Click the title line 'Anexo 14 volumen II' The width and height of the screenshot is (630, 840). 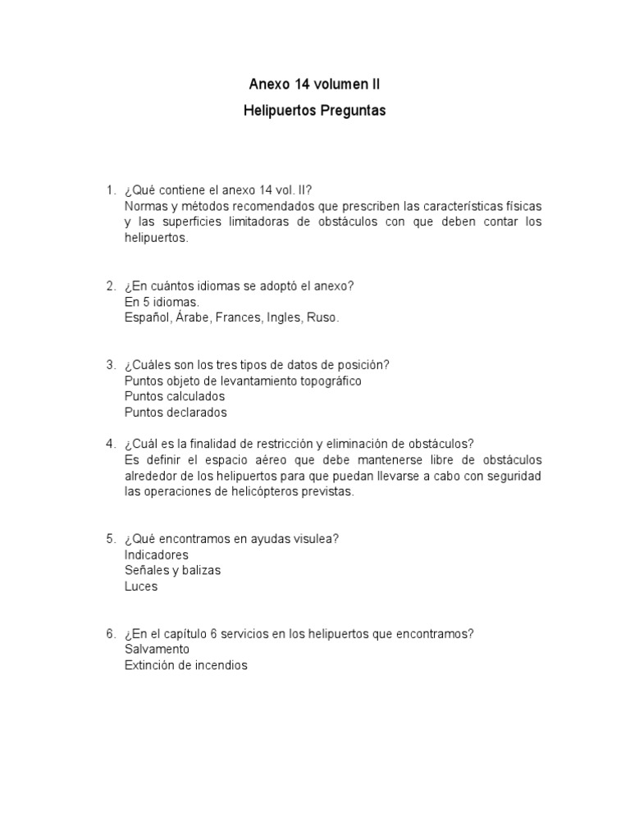[314, 84]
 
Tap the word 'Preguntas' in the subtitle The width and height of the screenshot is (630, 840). [352, 111]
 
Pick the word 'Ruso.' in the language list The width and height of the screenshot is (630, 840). [322, 317]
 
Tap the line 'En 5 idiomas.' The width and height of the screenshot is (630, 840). [162, 302]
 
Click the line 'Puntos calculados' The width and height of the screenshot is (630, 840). [175, 397]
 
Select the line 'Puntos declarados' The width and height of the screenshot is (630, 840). [176, 413]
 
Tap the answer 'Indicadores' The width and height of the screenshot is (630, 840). [157, 555]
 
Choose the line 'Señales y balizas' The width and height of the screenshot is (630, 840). [172, 570]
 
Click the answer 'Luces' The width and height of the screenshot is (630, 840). [141, 587]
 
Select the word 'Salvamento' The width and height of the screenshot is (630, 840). [157, 649]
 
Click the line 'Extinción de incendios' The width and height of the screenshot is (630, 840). [185, 665]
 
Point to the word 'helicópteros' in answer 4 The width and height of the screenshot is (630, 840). [253, 491]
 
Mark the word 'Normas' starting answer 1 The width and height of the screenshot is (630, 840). [145, 206]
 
